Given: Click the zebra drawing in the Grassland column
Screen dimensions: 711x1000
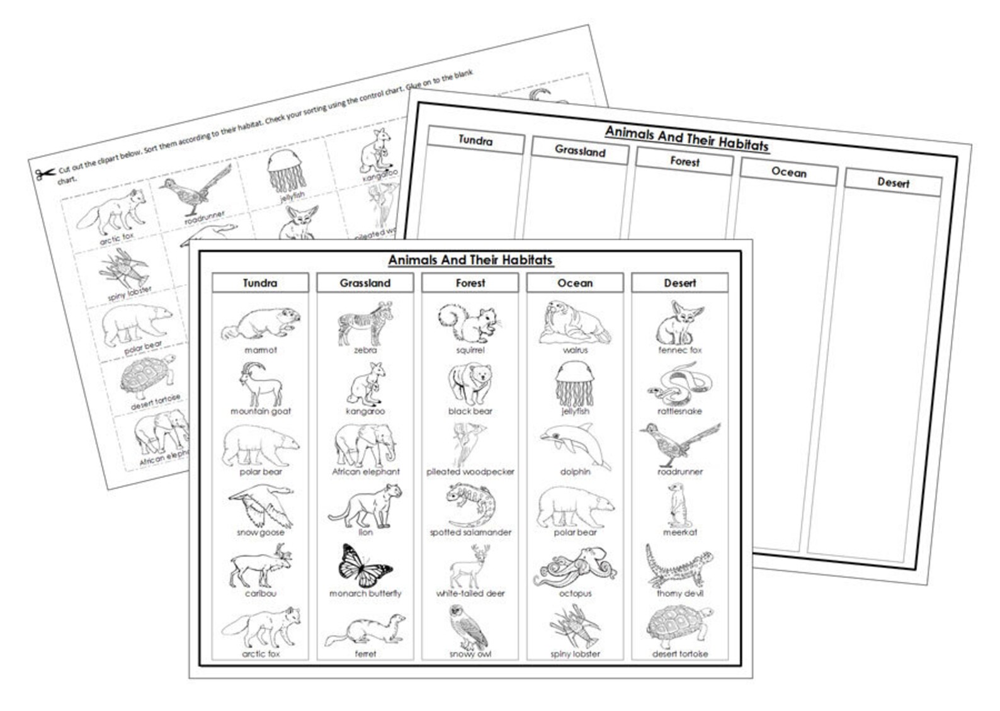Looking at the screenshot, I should tap(365, 324).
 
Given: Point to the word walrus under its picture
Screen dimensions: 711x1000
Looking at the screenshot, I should tap(575, 350).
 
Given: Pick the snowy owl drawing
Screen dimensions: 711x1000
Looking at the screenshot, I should tap(470, 627).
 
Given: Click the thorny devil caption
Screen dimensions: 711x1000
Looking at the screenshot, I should tap(680, 593).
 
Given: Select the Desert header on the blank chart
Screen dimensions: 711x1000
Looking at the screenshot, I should tap(893, 183).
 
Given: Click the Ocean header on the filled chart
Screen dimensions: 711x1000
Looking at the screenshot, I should tap(575, 283).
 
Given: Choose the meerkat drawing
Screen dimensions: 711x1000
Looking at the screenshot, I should tap(678, 505).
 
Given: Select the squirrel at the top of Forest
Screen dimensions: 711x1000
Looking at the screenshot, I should tap(470, 324).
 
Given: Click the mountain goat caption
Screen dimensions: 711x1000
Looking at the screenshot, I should tap(260, 411).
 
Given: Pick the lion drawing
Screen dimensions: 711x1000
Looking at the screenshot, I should tap(365, 507).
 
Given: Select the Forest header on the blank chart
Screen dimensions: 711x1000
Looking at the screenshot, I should tap(685, 161).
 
